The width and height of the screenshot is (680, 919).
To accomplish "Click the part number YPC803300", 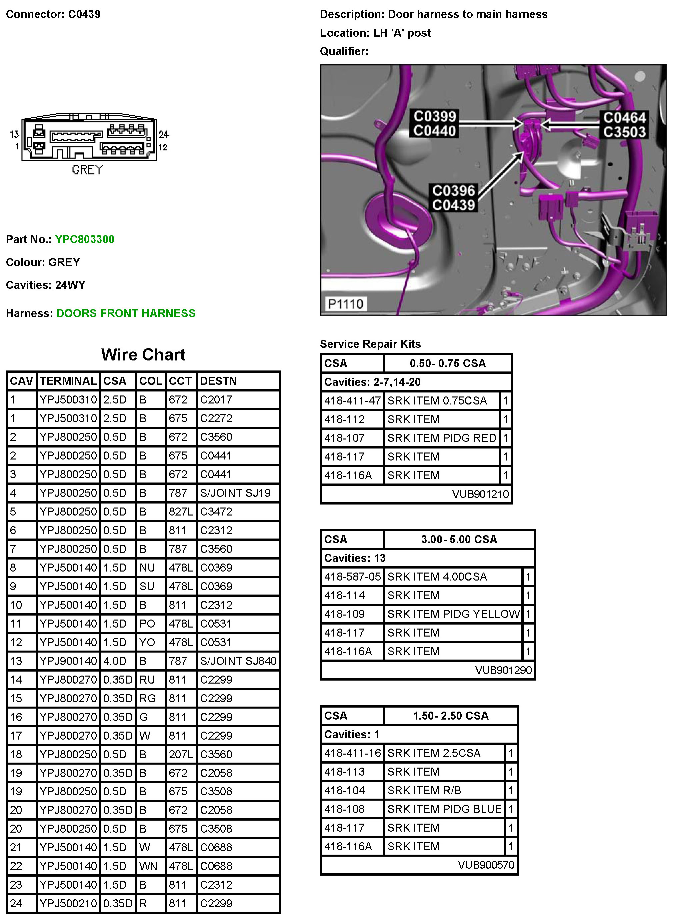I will (x=84, y=239).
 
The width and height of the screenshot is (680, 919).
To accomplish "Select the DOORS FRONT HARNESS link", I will (x=126, y=313).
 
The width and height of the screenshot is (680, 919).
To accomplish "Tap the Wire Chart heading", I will (x=143, y=354).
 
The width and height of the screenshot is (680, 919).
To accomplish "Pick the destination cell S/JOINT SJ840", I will (x=238, y=661).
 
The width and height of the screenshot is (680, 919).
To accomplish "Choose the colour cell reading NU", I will (x=147, y=568).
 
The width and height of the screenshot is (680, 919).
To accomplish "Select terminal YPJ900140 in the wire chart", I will (x=68, y=661).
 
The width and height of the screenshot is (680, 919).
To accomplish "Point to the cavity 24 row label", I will (x=16, y=903).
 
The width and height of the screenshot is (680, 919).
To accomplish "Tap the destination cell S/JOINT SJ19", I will (x=235, y=493).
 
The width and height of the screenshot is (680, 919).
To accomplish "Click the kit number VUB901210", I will (x=480, y=494).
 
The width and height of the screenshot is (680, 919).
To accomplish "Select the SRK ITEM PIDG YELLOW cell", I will (x=453, y=614).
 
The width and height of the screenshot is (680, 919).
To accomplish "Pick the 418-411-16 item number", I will (x=352, y=753).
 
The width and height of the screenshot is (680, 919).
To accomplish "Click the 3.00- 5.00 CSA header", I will (x=459, y=540).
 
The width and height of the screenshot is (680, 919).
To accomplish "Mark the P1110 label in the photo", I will (x=345, y=304).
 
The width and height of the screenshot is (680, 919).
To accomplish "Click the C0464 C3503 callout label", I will (x=624, y=125).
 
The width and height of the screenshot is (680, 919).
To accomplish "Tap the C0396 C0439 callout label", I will (x=453, y=198).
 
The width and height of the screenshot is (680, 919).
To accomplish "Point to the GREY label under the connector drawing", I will (x=87, y=170).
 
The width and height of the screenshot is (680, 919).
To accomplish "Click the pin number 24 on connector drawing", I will (x=164, y=134).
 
